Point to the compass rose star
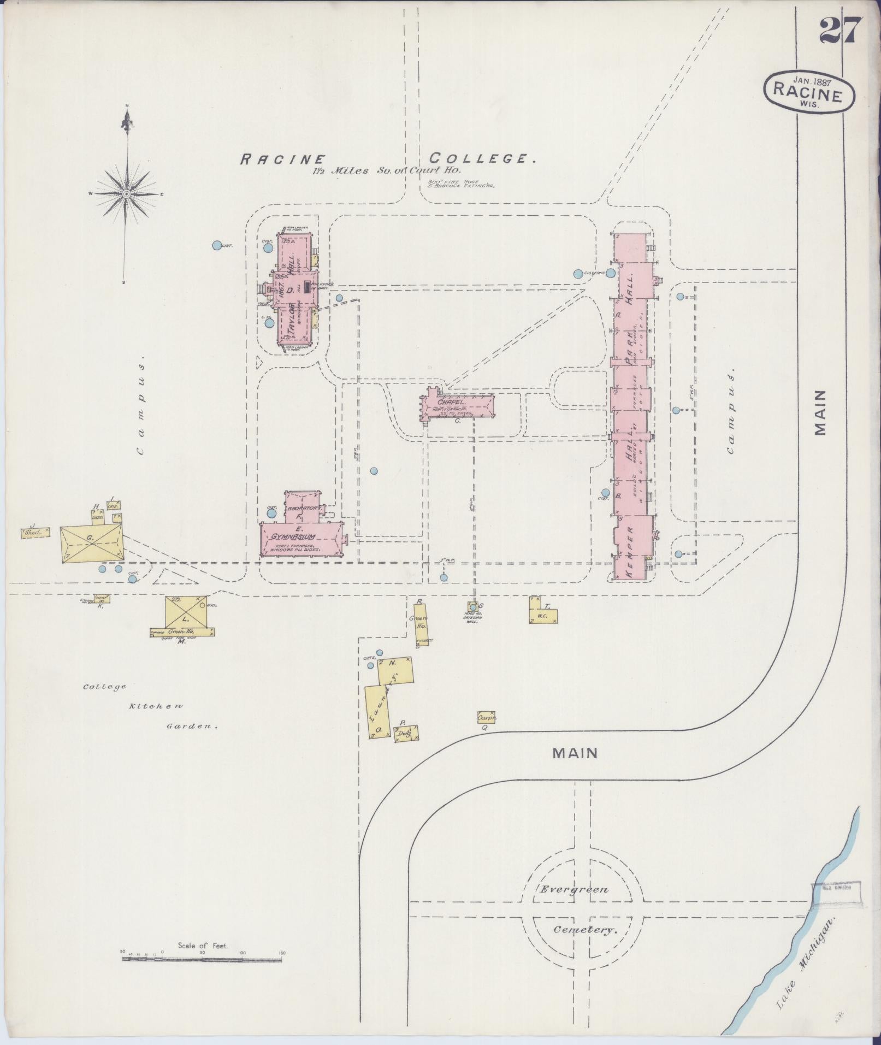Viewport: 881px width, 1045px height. (x=126, y=193)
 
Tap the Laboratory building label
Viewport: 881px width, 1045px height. (x=303, y=508)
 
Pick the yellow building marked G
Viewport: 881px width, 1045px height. (x=91, y=542)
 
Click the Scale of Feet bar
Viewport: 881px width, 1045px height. (x=202, y=576)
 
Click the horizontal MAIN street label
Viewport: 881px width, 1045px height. (x=575, y=753)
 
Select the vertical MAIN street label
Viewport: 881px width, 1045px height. (x=820, y=412)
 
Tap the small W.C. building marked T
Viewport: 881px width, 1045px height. (x=543, y=611)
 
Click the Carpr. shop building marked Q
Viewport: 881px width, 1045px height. (x=486, y=717)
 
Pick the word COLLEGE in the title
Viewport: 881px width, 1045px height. (x=481, y=159)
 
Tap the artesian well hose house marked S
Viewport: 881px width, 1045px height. (x=473, y=606)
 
